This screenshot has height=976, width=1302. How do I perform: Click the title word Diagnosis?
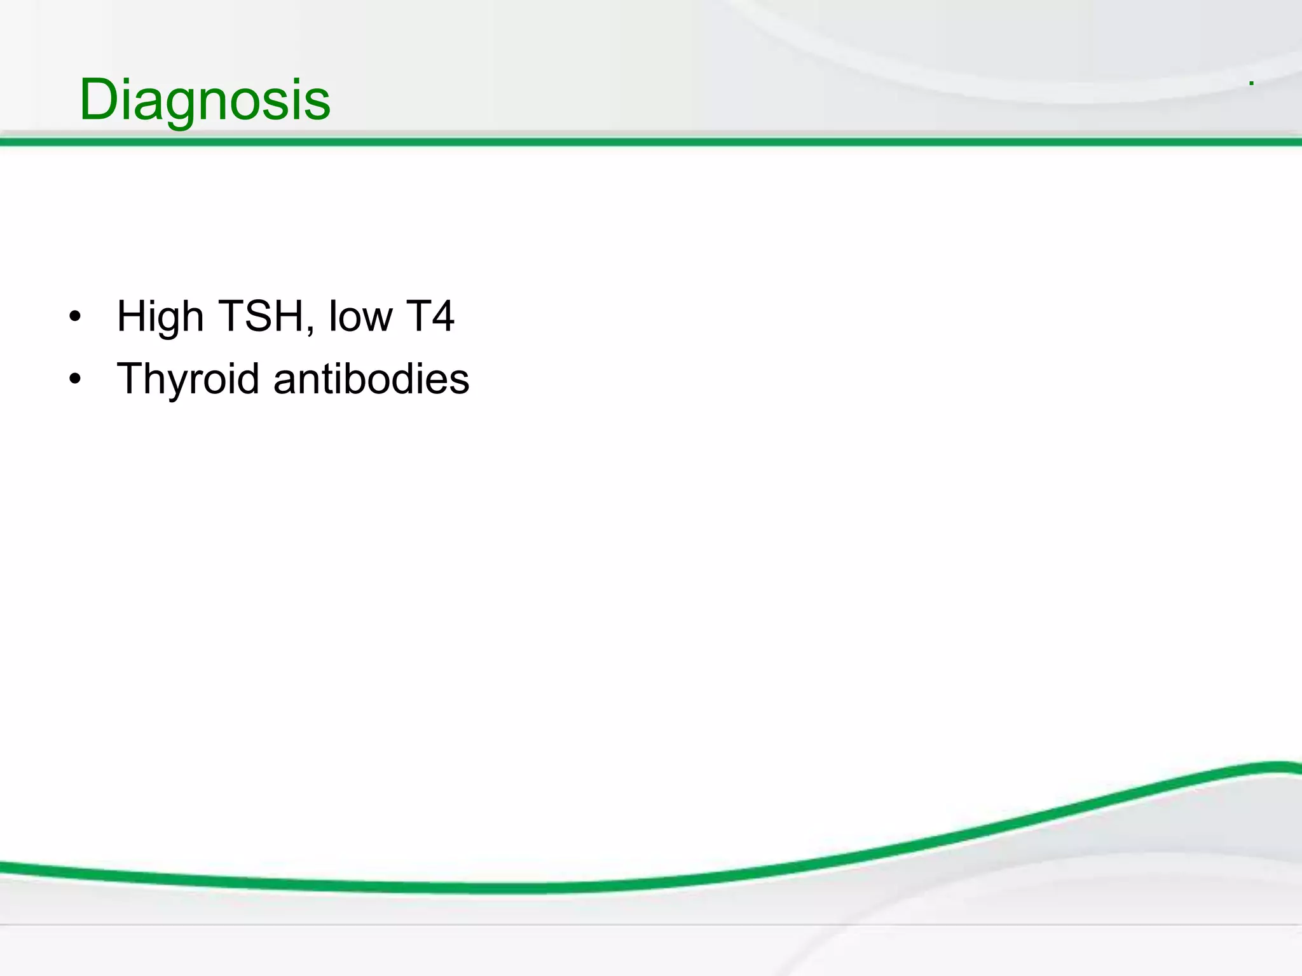205,100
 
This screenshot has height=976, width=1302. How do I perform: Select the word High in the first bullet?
160,316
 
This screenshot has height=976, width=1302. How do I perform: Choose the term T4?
430,316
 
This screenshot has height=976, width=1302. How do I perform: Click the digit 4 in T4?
442,316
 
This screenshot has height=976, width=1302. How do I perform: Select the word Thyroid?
188,379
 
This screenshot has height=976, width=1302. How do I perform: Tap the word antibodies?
371,379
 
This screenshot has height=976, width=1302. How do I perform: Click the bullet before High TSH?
75,317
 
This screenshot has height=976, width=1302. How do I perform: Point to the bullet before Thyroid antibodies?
75,379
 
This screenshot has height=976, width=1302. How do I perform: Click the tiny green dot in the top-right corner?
1251,83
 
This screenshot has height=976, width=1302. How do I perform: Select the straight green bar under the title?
651,142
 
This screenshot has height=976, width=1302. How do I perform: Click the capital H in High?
132,316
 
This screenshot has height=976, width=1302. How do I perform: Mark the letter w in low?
379,320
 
